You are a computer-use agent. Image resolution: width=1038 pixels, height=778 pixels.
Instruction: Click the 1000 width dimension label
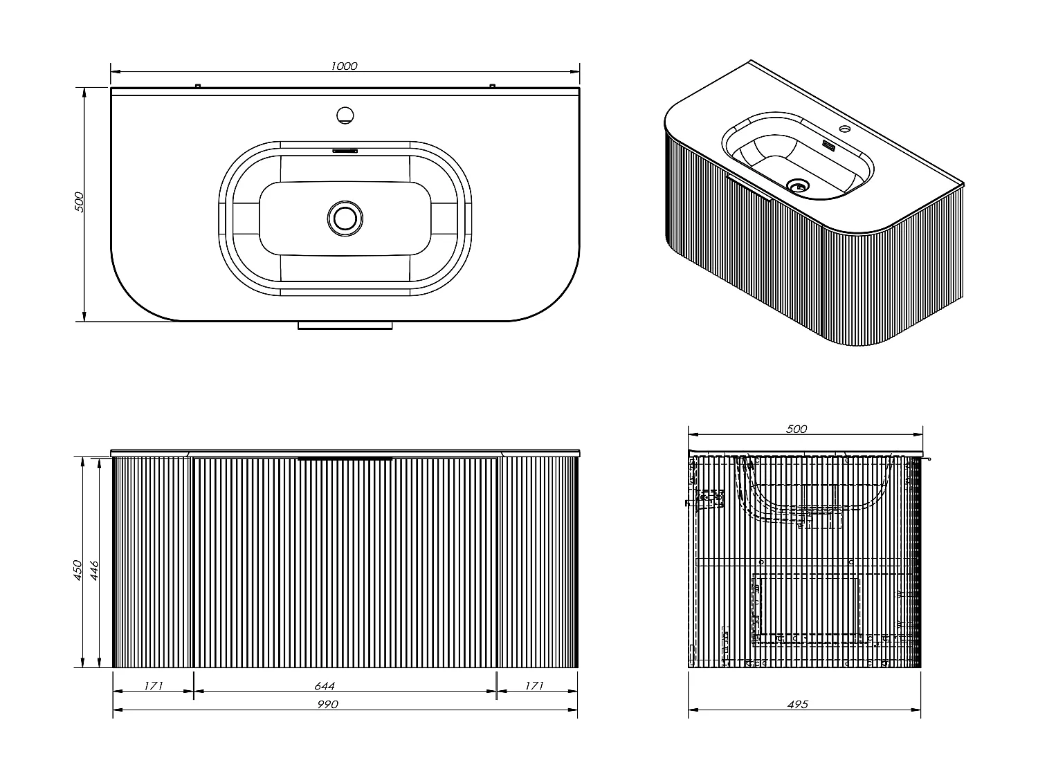pos(344,66)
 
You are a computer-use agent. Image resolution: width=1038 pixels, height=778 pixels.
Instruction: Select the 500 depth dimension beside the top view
pos(79,201)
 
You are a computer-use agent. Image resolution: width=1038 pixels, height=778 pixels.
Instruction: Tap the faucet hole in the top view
pos(344,114)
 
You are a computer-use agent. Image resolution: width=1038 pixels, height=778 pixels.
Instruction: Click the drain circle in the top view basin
pos(344,216)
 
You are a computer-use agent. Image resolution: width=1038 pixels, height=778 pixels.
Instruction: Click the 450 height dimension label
pos(79,570)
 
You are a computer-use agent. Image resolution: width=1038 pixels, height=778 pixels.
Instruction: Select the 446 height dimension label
pos(96,570)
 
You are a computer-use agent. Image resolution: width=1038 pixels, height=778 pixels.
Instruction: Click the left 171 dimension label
pos(153,686)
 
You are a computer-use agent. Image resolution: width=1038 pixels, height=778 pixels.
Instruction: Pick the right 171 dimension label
pos(534,686)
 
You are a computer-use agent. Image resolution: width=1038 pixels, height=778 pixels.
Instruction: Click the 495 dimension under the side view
pos(797,705)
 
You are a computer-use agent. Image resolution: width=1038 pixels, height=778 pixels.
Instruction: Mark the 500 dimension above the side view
pos(796,429)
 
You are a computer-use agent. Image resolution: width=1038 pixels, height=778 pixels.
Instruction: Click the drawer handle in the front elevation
pos(345,459)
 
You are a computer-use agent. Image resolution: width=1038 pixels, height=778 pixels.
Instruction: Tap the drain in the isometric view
pos(799,185)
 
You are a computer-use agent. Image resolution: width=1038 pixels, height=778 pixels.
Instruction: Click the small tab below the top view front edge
pos(345,325)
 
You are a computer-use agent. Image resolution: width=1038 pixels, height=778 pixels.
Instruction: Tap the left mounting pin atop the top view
pos(197,86)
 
